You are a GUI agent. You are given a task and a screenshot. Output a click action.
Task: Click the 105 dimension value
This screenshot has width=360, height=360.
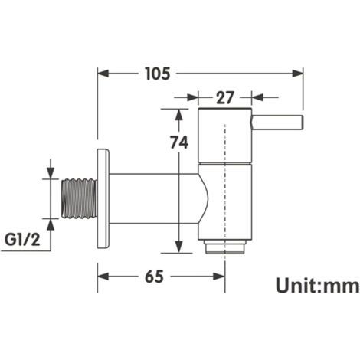tap(158, 74)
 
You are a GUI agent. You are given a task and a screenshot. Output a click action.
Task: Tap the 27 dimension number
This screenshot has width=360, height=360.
tap(224, 97)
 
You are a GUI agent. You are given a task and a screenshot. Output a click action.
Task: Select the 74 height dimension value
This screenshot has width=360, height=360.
tap(179, 142)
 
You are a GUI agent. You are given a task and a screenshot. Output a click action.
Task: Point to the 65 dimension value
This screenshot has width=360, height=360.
tap(154, 277)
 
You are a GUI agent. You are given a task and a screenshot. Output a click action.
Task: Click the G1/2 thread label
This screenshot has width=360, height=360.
tap(22, 240)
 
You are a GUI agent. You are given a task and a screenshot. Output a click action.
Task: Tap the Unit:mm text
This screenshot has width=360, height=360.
tap(317, 286)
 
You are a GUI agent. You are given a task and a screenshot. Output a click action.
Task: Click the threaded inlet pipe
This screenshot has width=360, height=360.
tap(80, 198)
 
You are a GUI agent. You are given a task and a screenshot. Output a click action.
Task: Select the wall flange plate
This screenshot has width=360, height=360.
tap(103, 198)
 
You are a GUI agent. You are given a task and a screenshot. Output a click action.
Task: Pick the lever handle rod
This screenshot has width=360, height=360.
tap(278, 123)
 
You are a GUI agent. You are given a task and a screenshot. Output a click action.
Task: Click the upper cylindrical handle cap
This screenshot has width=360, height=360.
tap(225, 136)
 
